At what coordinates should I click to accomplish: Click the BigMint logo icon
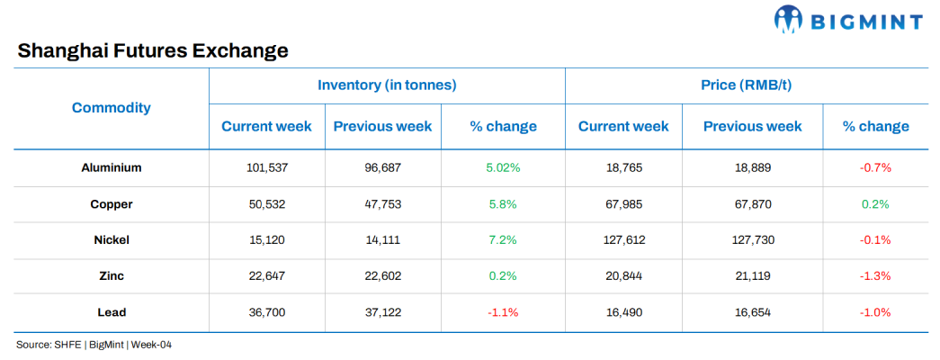(x=788, y=19)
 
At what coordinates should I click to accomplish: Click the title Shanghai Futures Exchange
(x=153, y=50)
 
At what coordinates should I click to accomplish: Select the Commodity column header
(x=112, y=108)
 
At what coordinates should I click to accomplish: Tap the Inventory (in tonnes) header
(x=387, y=85)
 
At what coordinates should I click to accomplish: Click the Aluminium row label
(x=112, y=167)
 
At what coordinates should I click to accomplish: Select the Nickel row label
(x=112, y=240)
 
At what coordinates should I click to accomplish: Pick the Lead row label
(x=112, y=312)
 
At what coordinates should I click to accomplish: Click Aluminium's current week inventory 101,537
(x=266, y=167)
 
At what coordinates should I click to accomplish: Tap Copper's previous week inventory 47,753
(x=382, y=204)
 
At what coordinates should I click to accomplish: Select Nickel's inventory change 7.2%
(x=503, y=240)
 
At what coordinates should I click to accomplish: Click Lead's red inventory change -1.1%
(x=503, y=312)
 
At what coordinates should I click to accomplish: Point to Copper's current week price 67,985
(x=623, y=204)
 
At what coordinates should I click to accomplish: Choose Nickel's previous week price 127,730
(x=752, y=240)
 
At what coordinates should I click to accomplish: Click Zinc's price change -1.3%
(x=875, y=276)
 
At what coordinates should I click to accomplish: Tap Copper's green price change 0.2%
(x=875, y=204)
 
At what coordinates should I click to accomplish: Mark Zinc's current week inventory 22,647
(x=266, y=276)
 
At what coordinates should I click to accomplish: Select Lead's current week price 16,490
(x=623, y=312)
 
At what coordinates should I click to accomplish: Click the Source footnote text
(x=94, y=345)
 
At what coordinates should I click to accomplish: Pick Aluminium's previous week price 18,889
(x=752, y=167)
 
